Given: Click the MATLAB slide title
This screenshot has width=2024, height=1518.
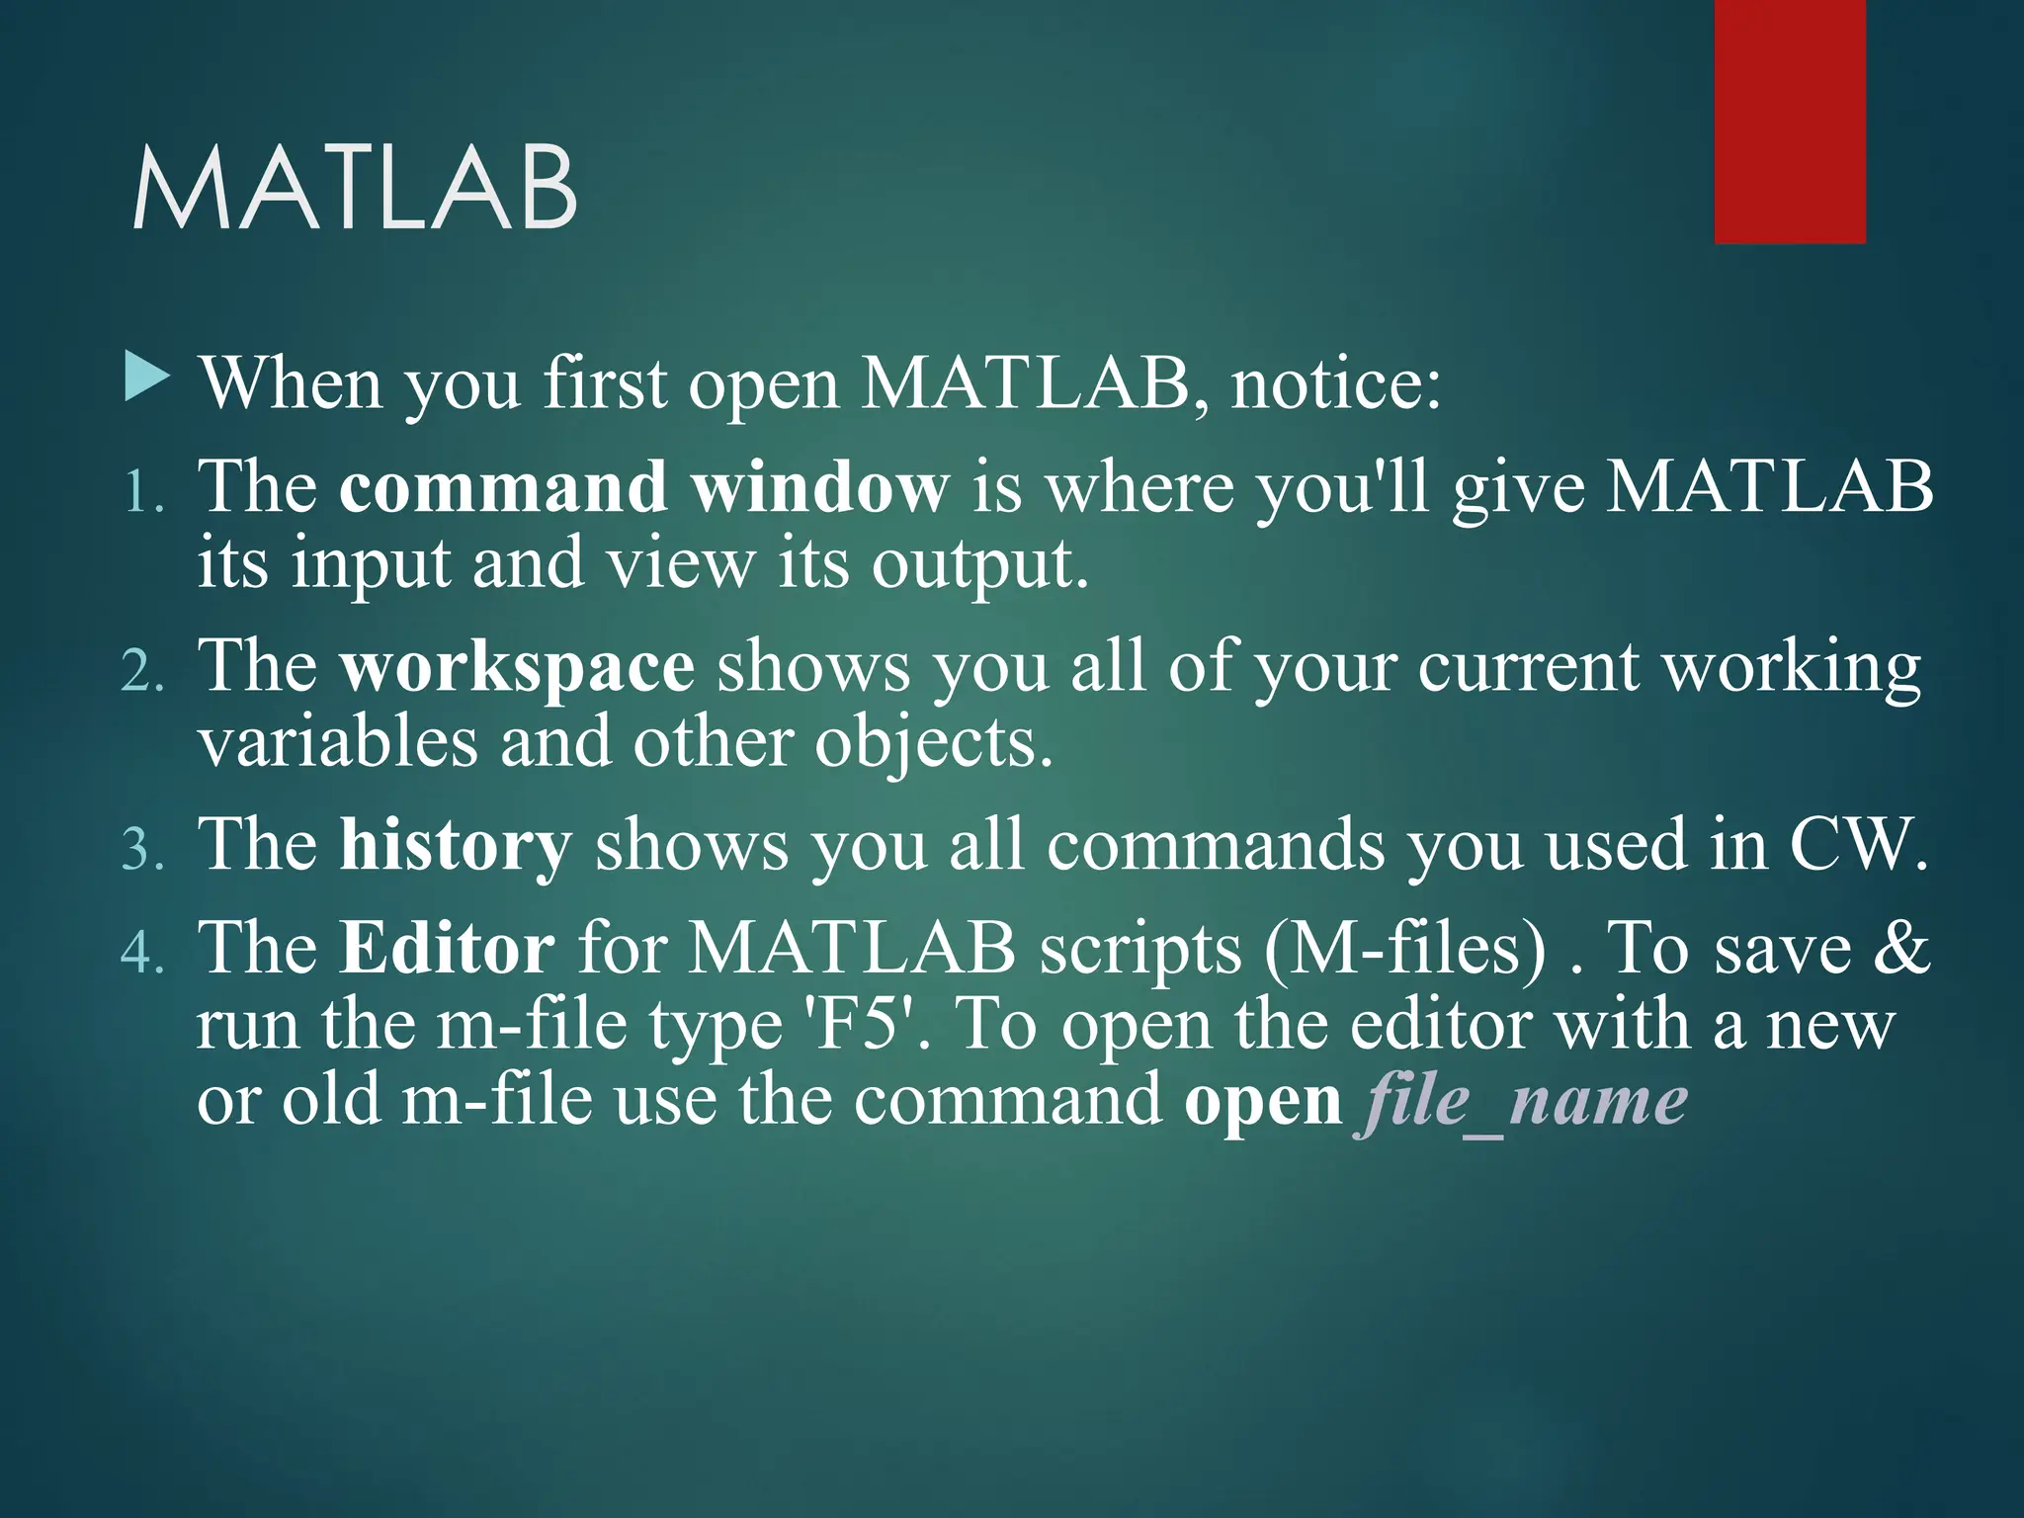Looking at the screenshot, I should tap(354, 189).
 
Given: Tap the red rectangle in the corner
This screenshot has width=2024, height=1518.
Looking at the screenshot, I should tap(1789, 121).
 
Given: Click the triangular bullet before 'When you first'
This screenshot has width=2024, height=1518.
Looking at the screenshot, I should tap(147, 379).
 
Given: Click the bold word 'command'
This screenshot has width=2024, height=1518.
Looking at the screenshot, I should tap(502, 486).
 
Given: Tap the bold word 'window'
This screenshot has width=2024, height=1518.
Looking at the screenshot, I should tap(819, 486).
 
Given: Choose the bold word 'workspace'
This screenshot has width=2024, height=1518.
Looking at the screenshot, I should tap(517, 668).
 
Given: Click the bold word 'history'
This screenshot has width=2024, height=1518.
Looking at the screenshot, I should tap(456, 846).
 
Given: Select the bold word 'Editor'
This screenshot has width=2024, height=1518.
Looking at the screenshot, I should tap(447, 949).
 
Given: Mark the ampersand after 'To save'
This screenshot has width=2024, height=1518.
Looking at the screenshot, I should tap(1900, 949).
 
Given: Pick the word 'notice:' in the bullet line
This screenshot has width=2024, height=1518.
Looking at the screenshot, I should tap(1335, 383).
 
